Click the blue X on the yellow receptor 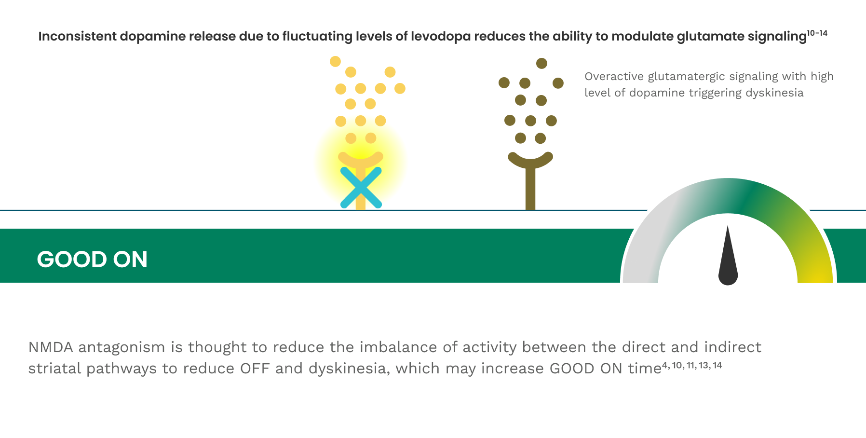[x=361, y=188]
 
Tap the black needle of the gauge [x=728, y=260]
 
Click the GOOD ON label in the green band [x=92, y=260]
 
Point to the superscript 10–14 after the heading [x=817, y=33]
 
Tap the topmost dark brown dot [x=541, y=63]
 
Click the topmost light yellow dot [x=335, y=61]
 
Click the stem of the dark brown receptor [x=530, y=191]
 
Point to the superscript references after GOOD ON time [x=692, y=366]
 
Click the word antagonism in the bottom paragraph [x=122, y=347]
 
